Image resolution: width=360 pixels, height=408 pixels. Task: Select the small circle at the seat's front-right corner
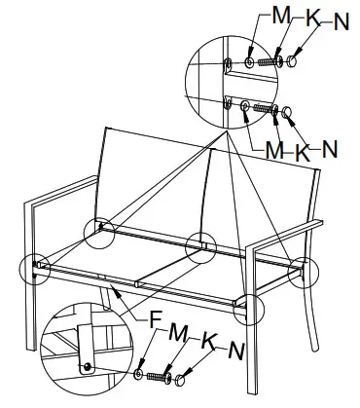click(250, 308)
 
